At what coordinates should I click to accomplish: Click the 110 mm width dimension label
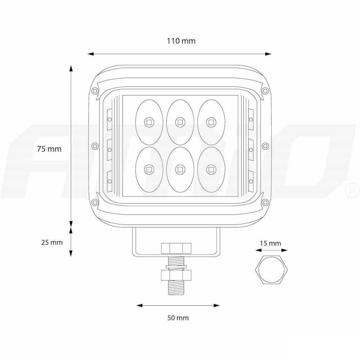click(x=181, y=41)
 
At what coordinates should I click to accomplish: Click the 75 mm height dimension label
click(x=49, y=149)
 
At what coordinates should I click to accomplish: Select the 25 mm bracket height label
click(x=52, y=242)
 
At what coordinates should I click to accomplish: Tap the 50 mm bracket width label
click(x=178, y=318)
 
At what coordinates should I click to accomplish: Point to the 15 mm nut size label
click(x=270, y=244)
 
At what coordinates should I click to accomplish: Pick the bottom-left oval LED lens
click(x=149, y=168)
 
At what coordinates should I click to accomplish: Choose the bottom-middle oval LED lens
click(x=180, y=168)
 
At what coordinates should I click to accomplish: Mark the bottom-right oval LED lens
click(x=211, y=168)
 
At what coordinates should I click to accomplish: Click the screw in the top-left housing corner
click(x=95, y=90)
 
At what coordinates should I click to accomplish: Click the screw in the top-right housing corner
click(x=265, y=90)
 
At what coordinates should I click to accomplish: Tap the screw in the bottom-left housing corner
click(x=95, y=202)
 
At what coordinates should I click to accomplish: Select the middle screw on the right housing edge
click(x=265, y=146)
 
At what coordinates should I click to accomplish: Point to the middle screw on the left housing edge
click(x=95, y=146)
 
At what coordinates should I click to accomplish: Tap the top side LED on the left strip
click(x=109, y=119)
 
